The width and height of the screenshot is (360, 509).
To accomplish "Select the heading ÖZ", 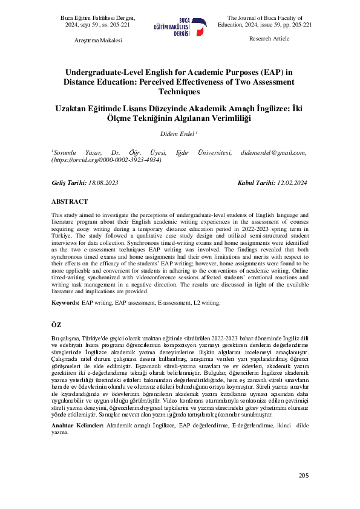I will tap(56, 325).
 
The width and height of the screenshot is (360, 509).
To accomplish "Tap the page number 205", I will tap(304, 475).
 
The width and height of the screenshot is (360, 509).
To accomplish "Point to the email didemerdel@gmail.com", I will tap(273, 153).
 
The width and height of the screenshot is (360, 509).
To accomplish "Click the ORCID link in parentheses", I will tap(106, 161).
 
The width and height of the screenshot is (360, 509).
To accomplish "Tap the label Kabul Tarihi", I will tap(256, 182).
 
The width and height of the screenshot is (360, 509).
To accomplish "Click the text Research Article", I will tap(269, 39).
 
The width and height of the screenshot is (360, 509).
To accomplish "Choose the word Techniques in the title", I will tap(179, 91).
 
